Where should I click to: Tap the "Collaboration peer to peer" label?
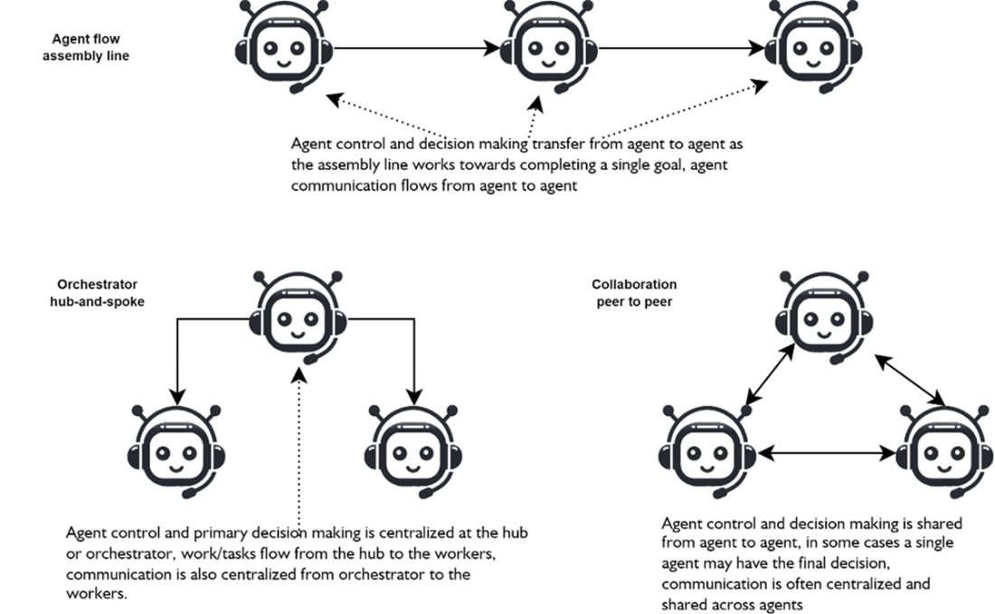635,293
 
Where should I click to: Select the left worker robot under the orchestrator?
177,449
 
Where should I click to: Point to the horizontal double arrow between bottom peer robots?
823,449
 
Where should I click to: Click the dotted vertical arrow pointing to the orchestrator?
299,443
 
